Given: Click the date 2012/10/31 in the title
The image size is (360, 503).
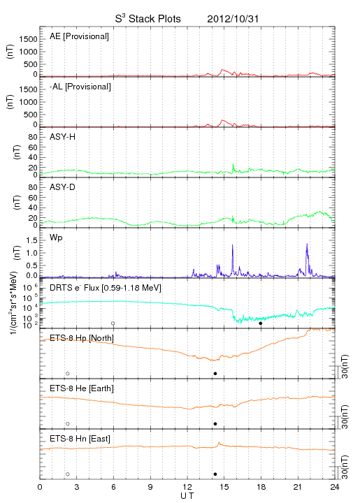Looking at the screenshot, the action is coord(233,19).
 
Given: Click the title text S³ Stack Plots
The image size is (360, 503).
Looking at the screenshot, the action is coord(148,18).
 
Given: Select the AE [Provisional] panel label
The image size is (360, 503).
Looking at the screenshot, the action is coord(79,36).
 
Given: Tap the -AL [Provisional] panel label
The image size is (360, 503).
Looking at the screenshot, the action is coord(80,87).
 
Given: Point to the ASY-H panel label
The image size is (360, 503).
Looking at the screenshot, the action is coord(63,137).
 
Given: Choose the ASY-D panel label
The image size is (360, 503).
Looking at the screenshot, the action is coord(63,187).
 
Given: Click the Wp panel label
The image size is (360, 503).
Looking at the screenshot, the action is coord(56,238).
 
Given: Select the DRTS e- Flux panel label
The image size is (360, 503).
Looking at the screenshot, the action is coord(106,288).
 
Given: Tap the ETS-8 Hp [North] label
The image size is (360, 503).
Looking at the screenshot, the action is coord(82,338).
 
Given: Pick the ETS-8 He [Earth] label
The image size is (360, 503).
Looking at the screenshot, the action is coord(82,388).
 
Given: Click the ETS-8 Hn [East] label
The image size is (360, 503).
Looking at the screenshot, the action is coord(80,439).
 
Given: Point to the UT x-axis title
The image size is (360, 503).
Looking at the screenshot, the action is coord(187,496).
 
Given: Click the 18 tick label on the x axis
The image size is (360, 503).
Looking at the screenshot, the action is coord(261,487).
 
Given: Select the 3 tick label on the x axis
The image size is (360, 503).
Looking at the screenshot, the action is coord(77,487).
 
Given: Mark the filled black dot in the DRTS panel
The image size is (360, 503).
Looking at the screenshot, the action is coord(261,323).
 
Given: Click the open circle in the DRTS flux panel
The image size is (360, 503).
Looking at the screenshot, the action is coord(113,323).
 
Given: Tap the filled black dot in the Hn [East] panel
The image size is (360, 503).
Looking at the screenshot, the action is coord(215,474).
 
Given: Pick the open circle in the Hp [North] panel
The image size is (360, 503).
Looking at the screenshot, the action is coord(68,373).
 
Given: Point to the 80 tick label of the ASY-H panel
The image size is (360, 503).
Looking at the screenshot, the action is coord(33,138).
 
